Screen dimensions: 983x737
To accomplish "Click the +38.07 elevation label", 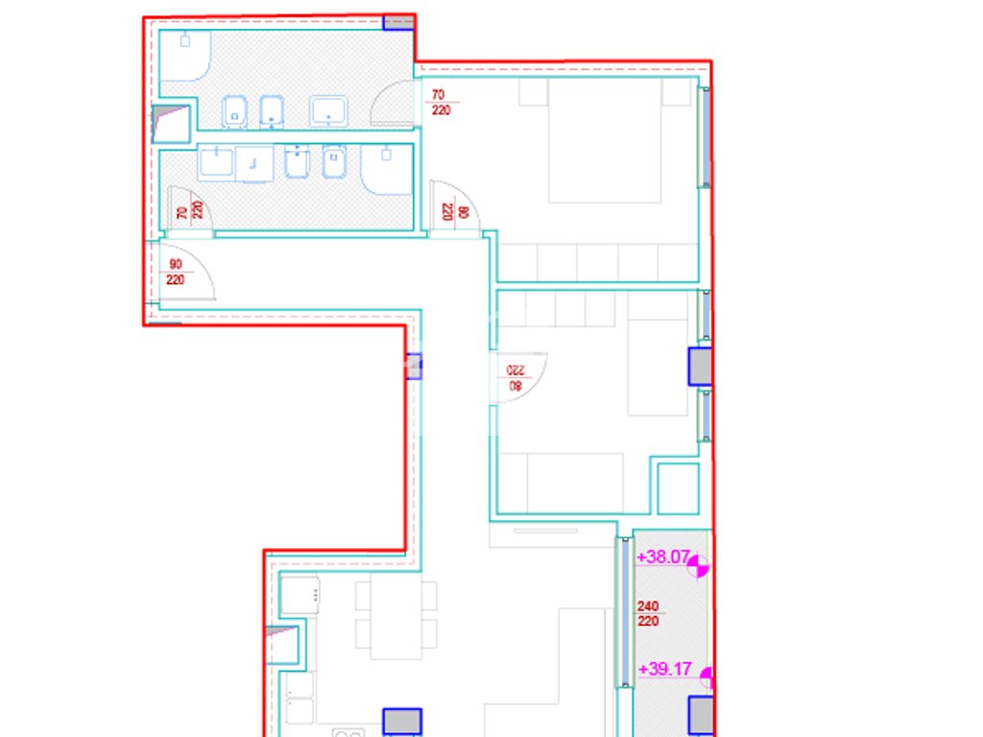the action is [663, 558].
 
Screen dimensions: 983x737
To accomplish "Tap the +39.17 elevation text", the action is [664, 669].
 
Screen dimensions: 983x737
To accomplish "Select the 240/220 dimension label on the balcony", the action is [648, 613].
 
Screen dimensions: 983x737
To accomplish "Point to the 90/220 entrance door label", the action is [176, 272].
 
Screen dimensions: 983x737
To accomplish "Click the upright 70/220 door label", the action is [441, 102].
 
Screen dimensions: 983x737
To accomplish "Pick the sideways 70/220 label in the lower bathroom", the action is [190, 210].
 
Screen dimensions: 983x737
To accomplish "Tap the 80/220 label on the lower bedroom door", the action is [515, 378].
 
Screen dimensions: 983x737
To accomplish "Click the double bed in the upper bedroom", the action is [605, 140].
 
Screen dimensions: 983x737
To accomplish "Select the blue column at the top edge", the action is [398, 23].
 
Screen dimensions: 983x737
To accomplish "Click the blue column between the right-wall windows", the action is [700, 366].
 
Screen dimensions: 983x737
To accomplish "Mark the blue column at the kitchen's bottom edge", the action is [402, 722].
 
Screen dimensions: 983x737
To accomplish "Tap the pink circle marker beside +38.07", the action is [698, 566].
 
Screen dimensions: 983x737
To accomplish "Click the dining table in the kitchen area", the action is [396, 617].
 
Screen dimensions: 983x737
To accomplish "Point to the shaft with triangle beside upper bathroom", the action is [171, 124].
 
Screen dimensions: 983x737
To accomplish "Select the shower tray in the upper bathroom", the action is [185, 56].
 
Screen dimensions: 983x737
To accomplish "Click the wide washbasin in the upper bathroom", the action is [328, 111].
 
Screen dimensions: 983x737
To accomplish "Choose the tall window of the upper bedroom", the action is [706, 137].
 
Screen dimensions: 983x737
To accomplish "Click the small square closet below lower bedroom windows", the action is [678, 488].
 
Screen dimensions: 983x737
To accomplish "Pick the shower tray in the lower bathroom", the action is [387, 169].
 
